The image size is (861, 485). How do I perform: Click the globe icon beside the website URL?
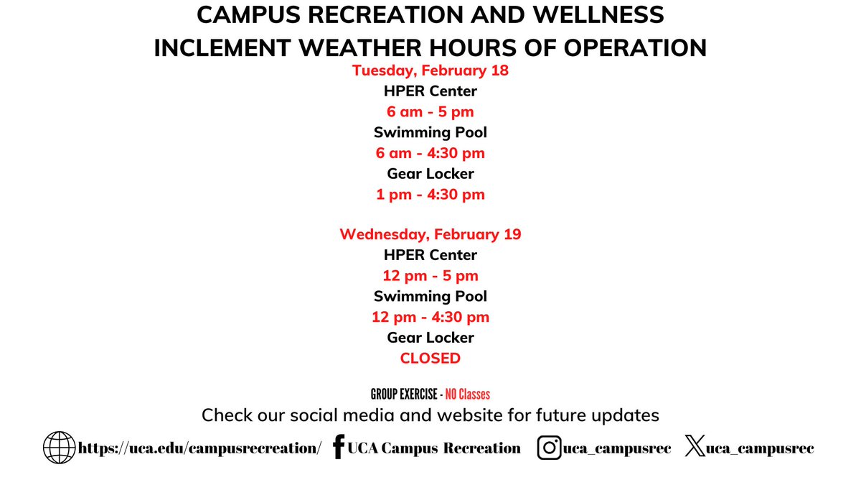[x=59, y=448]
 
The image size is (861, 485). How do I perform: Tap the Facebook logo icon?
[x=339, y=447]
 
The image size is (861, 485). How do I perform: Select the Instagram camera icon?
[x=550, y=448]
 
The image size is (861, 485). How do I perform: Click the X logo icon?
[x=695, y=448]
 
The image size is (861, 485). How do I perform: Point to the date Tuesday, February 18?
[x=430, y=71]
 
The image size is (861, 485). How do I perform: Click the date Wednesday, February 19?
[x=430, y=234]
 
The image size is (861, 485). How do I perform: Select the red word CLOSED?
[x=430, y=358]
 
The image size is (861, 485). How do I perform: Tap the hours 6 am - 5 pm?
[x=430, y=112]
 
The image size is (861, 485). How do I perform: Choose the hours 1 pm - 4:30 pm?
[x=430, y=194]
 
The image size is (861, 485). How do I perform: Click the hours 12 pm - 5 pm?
[x=430, y=276]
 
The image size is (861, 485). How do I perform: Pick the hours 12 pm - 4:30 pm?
[x=430, y=317]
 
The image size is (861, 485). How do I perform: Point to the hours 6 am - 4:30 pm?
[x=430, y=153]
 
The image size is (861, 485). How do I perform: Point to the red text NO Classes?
[x=468, y=394]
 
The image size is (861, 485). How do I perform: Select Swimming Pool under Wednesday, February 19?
[x=430, y=296]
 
